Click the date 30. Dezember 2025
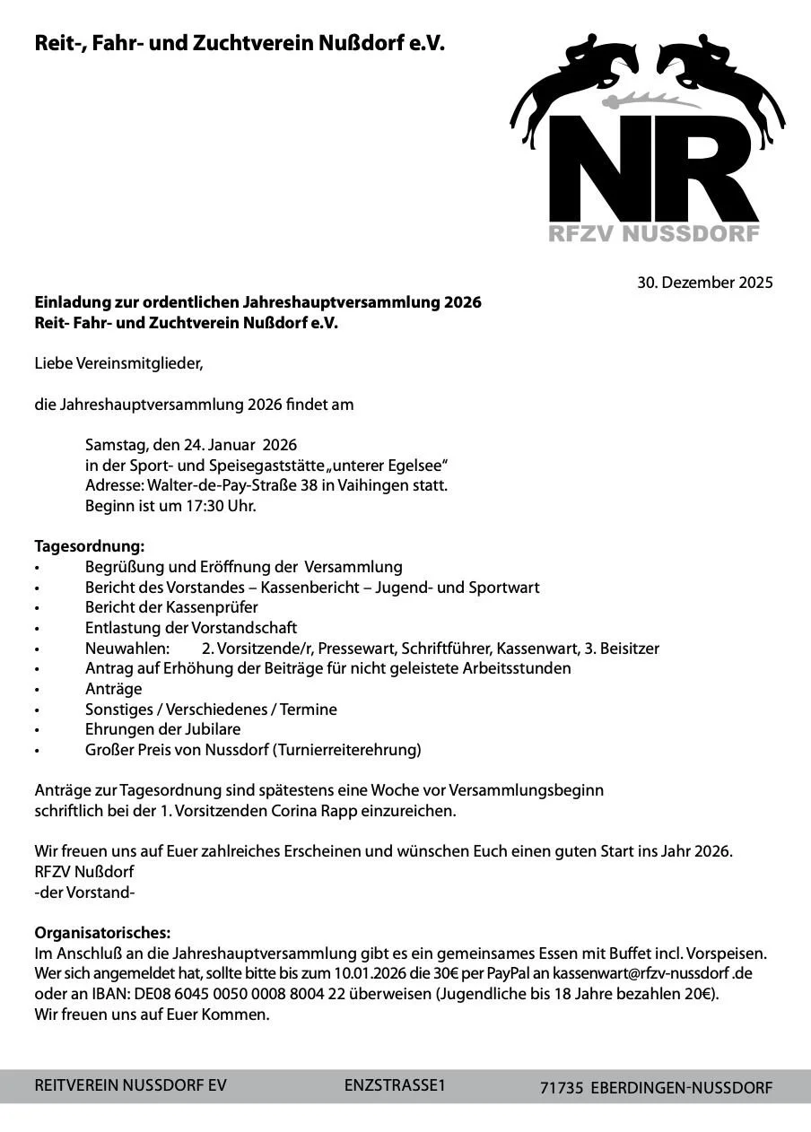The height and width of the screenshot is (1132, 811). click(x=704, y=283)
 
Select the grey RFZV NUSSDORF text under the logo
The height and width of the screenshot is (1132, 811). click(x=654, y=234)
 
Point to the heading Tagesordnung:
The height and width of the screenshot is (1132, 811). click(x=89, y=546)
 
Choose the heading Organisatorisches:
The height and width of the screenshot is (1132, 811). click(x=102, y=933)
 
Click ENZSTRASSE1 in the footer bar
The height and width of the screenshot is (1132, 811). click(x=395, y=1085)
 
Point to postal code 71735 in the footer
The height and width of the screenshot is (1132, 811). click(x=562, y=1088)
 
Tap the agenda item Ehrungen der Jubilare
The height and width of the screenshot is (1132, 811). click(x=162, y=729)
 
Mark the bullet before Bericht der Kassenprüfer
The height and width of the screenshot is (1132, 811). click(x=38, y=608)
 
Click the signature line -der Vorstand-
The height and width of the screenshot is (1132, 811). click(x=84, y=893)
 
